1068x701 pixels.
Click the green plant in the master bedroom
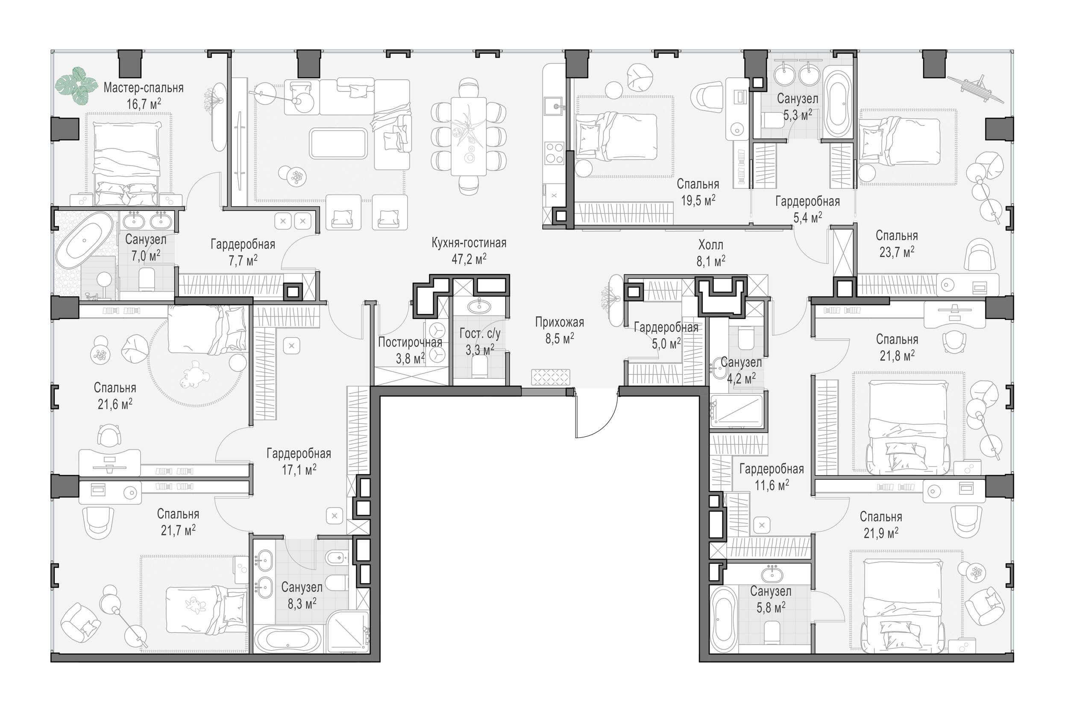76,86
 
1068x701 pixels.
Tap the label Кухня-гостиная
469,243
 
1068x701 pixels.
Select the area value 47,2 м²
469,259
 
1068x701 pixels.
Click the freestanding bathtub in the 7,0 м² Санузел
84,240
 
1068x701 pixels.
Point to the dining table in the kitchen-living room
469,136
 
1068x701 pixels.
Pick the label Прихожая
560,322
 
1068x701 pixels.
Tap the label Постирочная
410,342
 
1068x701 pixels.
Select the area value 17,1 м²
299,470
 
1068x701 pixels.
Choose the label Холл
710,245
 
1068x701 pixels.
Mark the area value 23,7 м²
897,252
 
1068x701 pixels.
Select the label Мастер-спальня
144,88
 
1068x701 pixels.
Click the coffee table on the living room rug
338,143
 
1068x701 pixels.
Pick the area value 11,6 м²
772,485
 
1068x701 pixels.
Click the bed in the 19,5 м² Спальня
616,137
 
